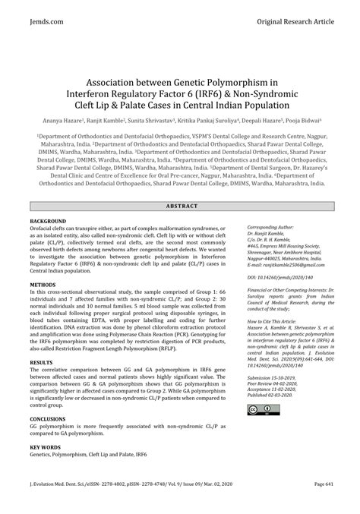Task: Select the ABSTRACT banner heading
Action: tap(180, 206)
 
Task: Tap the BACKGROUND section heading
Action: tap(49, 221)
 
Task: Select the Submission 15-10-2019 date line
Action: tap(277, 377)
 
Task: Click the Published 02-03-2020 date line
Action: tap(276, 396)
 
